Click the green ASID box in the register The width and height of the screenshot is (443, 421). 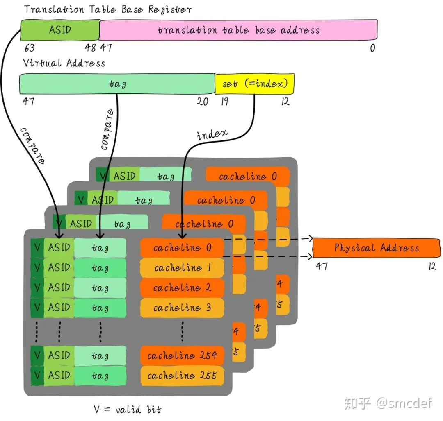60,30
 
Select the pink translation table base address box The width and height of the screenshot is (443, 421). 238,30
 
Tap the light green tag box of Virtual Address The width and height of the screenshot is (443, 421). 117,84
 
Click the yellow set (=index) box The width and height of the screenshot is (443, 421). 254,84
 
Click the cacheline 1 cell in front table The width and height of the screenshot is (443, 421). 182,268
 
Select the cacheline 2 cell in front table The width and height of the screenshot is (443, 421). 182,288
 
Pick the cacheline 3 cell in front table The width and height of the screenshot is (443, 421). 182,308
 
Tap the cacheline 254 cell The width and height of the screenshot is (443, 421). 182,355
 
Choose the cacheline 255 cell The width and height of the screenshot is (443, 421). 182,376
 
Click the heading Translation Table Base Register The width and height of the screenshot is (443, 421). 107,9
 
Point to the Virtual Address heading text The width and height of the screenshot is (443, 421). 64,63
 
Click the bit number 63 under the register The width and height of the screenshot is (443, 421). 29,48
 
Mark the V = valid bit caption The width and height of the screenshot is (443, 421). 128,409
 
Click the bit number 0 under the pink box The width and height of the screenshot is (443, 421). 372,48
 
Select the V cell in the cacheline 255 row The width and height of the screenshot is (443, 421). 37,376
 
